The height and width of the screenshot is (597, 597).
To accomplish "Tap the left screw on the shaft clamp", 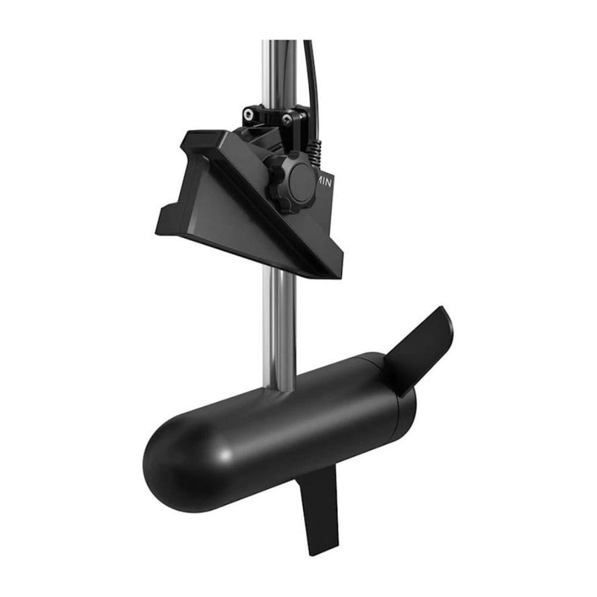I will (x=249, y=113).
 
